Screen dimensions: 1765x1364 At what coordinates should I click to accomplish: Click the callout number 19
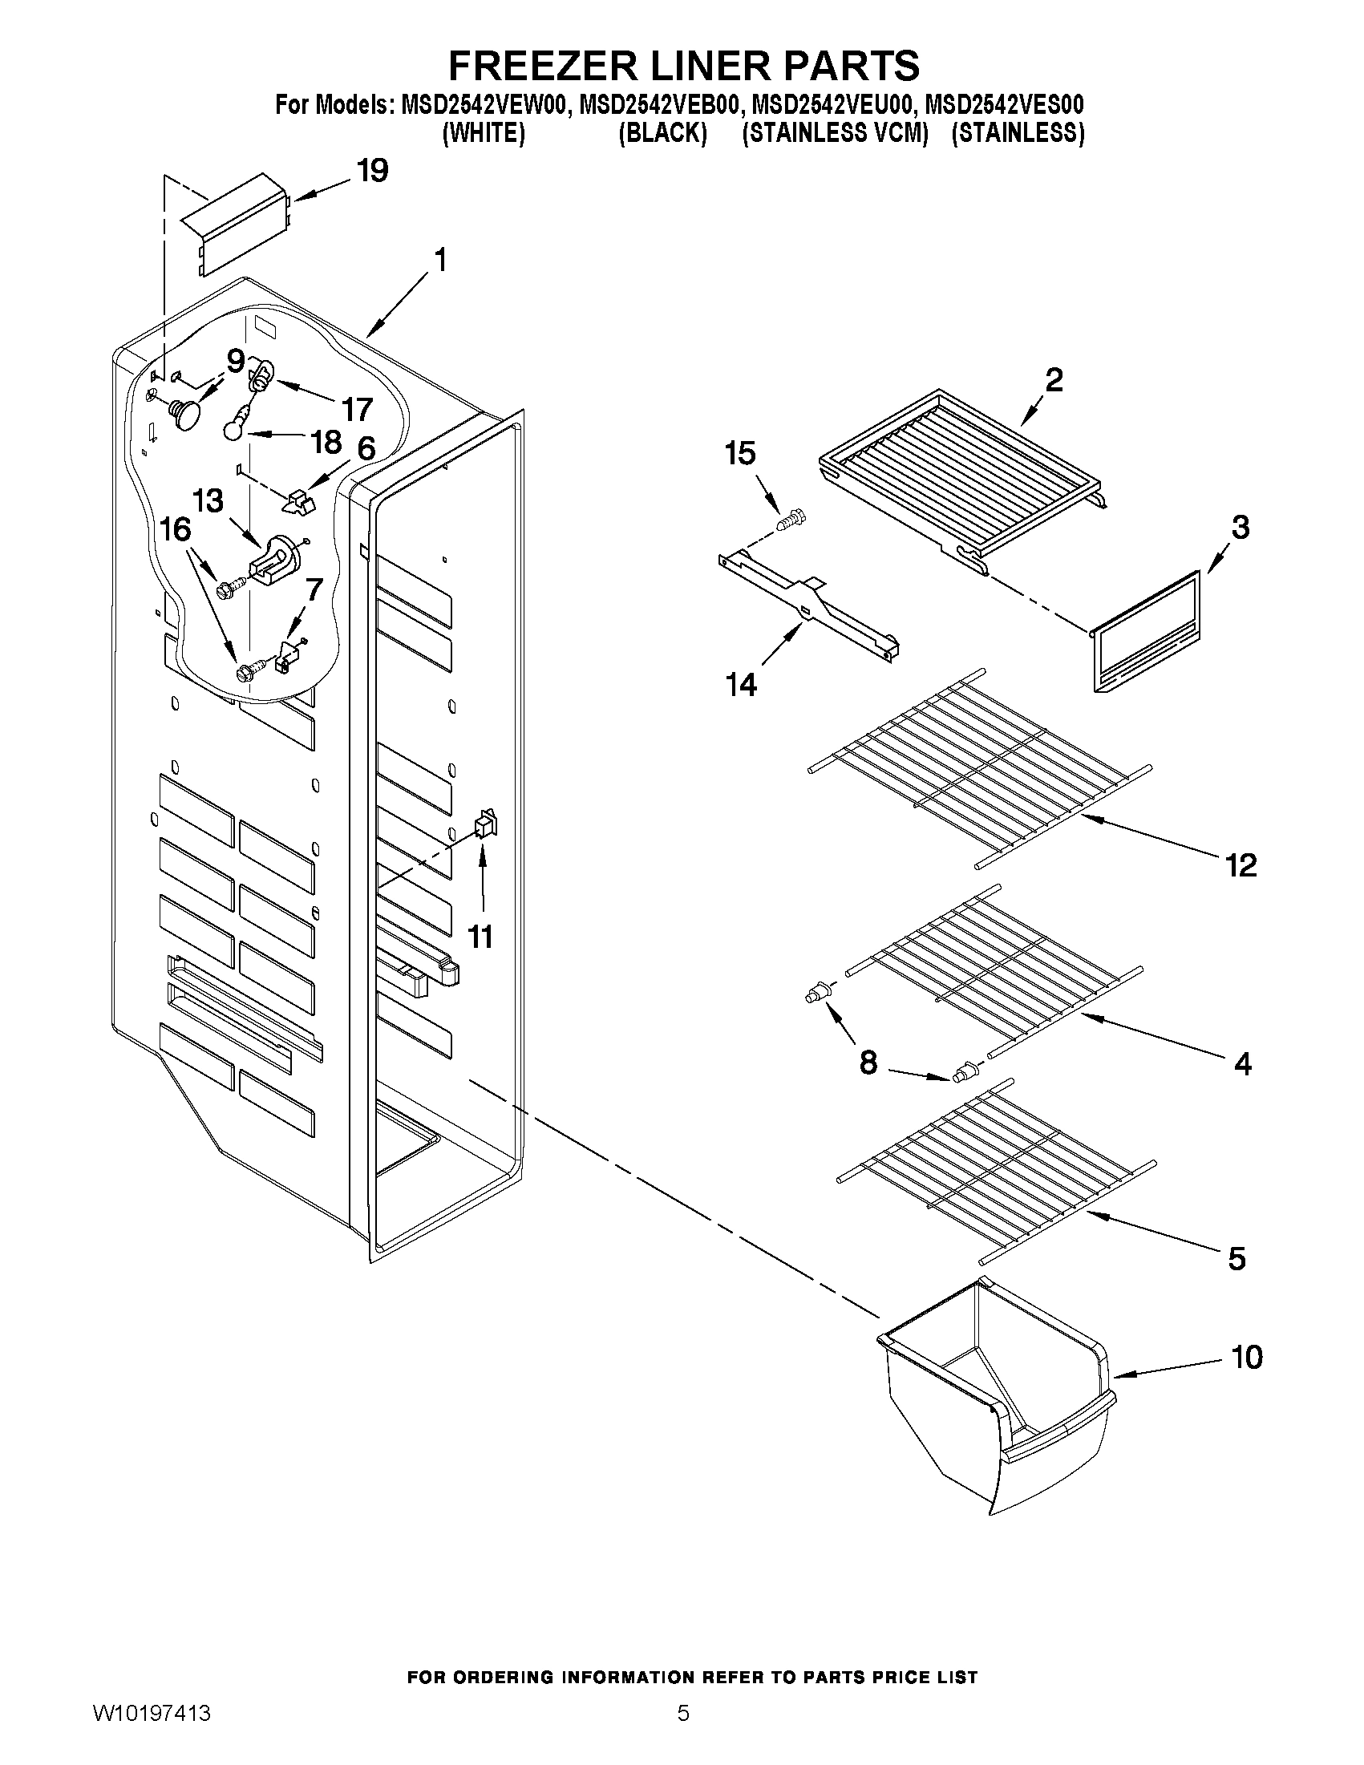[373, 171]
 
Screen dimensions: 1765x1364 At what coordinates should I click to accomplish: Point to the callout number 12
[1241, 865]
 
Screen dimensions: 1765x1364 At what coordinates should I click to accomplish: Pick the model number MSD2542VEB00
[659, 106]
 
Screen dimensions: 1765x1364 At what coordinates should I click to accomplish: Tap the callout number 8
[868, 1063]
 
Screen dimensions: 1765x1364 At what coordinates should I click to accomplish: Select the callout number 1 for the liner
[440, 261]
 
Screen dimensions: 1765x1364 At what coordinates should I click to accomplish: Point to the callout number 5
[1237, 1258]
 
